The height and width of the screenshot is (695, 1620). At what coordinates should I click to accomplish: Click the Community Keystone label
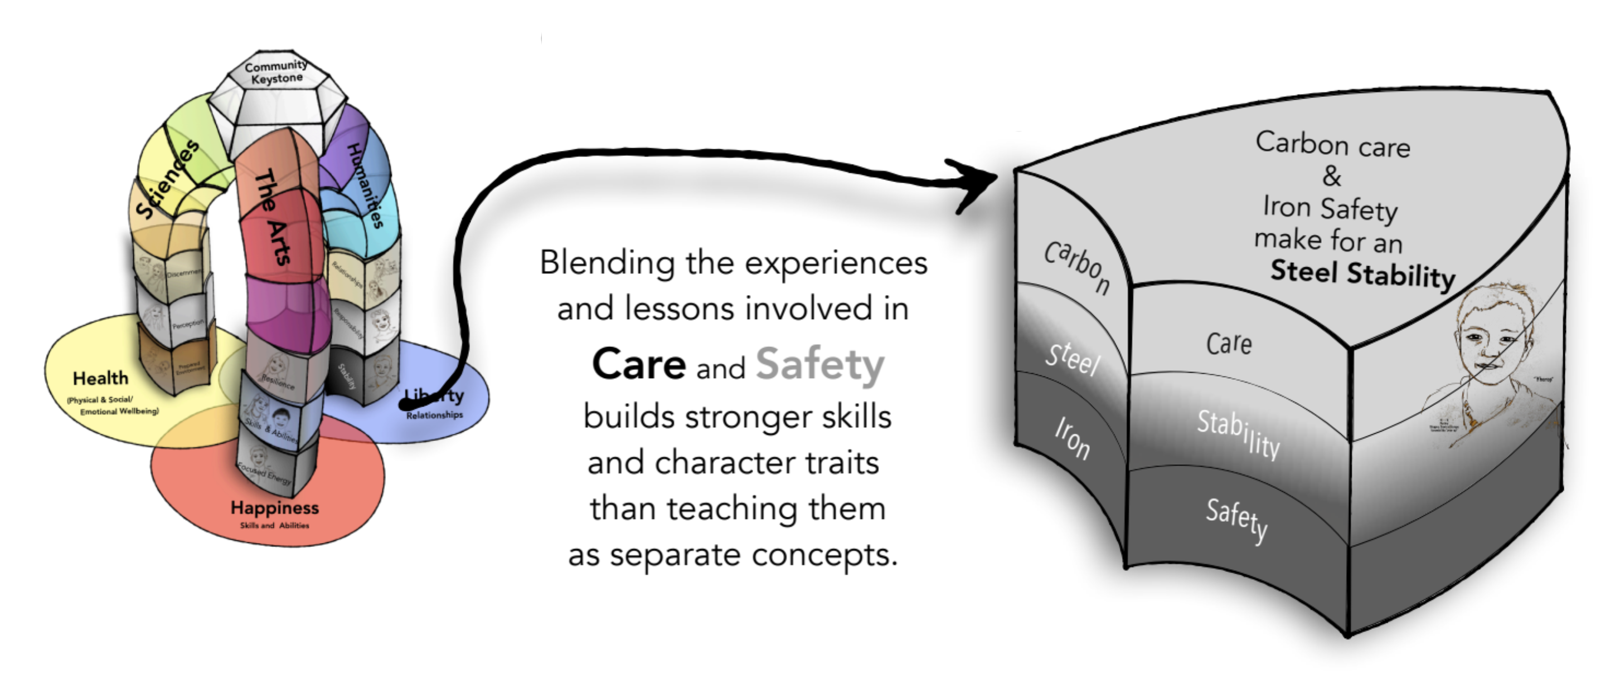click(x=276, y=72)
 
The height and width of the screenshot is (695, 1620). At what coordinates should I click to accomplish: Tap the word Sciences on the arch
click(x=167, y=180)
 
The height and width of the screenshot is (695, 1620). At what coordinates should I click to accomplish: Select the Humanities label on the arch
click(x=365, y=185)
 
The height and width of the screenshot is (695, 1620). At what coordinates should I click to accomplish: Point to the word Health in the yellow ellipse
click(x=100, y=378)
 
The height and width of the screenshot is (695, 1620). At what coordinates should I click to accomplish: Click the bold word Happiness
click(x=275, y=507)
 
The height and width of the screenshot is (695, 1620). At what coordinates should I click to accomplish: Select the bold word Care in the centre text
click(x=639, y=364)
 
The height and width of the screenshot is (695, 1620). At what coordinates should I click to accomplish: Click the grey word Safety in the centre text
click(x=819, y=364)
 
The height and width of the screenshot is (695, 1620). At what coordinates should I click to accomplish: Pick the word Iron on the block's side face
click(x=1072, y=438)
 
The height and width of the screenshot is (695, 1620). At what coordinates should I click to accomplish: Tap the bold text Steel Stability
click(x=1362, y=274)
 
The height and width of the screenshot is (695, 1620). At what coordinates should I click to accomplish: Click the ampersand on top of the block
click(x=1331, y=176)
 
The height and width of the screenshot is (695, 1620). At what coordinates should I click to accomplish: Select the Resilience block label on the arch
click(x=277, y=381)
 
